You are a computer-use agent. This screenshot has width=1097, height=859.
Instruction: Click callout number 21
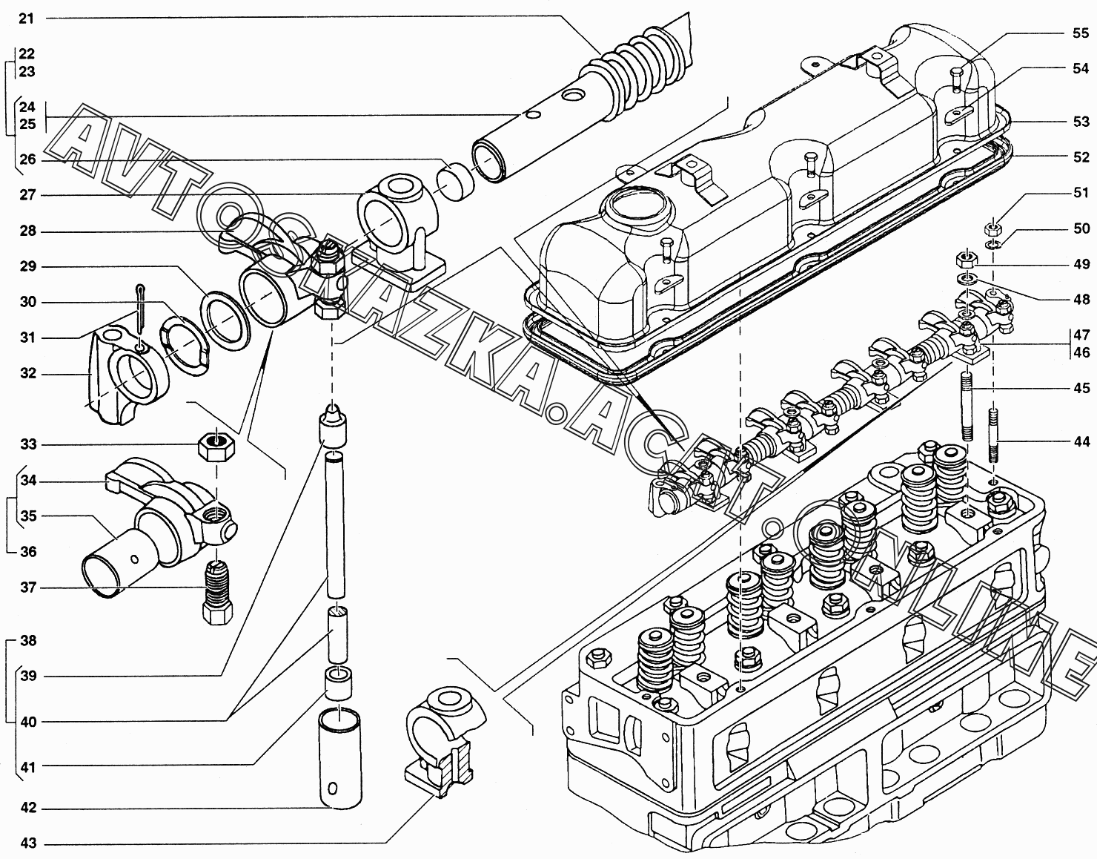point(27,18)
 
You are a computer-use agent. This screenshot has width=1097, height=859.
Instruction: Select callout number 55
point(1081,33)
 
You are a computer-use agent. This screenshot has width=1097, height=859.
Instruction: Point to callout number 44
point(1081,441)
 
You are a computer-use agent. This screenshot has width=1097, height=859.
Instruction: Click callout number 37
point(27,588)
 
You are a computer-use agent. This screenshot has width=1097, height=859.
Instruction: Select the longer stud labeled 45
point(967,409)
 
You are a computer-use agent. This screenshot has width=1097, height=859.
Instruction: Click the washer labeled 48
point(966,278)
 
